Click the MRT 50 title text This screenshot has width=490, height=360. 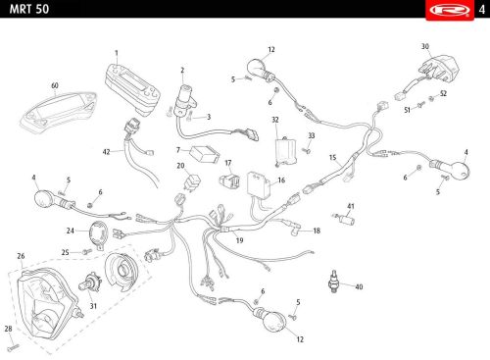pos(29,9)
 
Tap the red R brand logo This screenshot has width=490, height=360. pos(450,10)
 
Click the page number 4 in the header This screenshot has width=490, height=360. pos(482,10)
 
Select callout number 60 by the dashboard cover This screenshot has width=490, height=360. pos(55,85)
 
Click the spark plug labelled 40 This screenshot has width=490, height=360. pos(333,282)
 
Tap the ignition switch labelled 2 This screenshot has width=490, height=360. pos(185,99)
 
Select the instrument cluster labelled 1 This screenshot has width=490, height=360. pos(132,89)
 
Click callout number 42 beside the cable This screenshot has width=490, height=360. pos(106,152)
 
